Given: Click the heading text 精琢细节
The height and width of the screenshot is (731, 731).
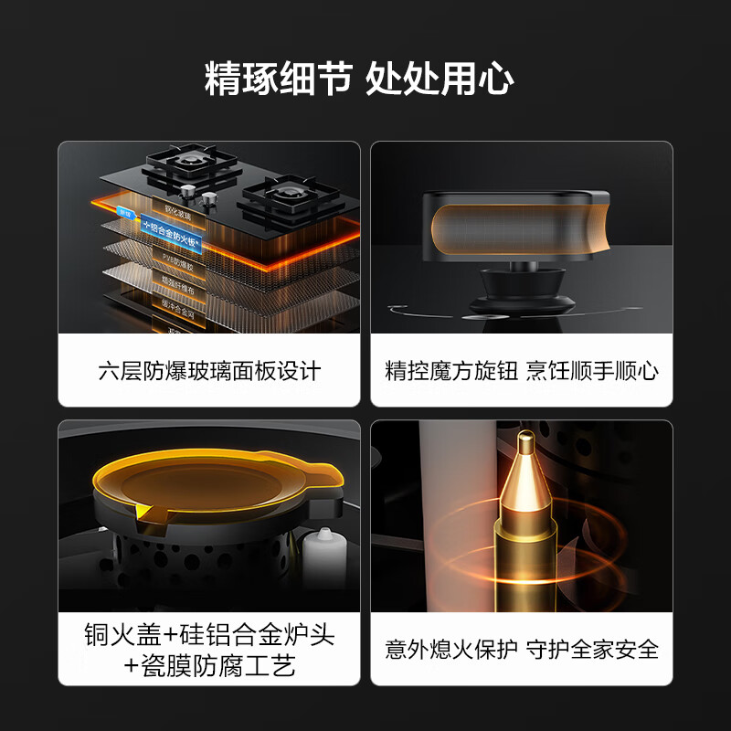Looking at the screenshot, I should point(278,79).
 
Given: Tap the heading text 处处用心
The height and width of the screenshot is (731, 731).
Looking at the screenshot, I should point(440,79).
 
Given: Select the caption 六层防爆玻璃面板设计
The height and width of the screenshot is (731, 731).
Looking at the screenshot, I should point(209,371).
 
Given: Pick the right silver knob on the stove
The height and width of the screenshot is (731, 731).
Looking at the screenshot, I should point(209,198).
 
